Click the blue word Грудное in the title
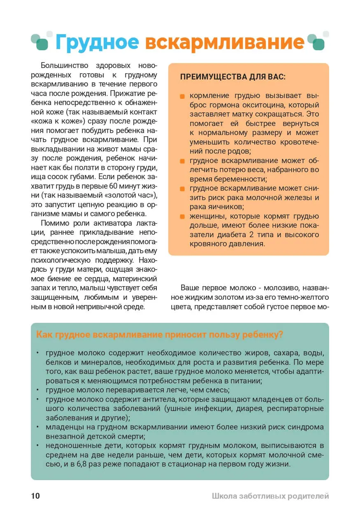tap(97, 42)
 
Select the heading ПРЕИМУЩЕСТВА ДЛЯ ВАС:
tap(233, 77)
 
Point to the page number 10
tap(35, 496)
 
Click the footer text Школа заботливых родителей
tap(270, 496)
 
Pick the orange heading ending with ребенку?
tap(160, 334)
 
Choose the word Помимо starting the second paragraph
tap(54, 224)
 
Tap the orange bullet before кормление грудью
tap(182, 96)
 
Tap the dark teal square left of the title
tap(42, 44)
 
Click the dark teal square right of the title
tap(318, 44)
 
